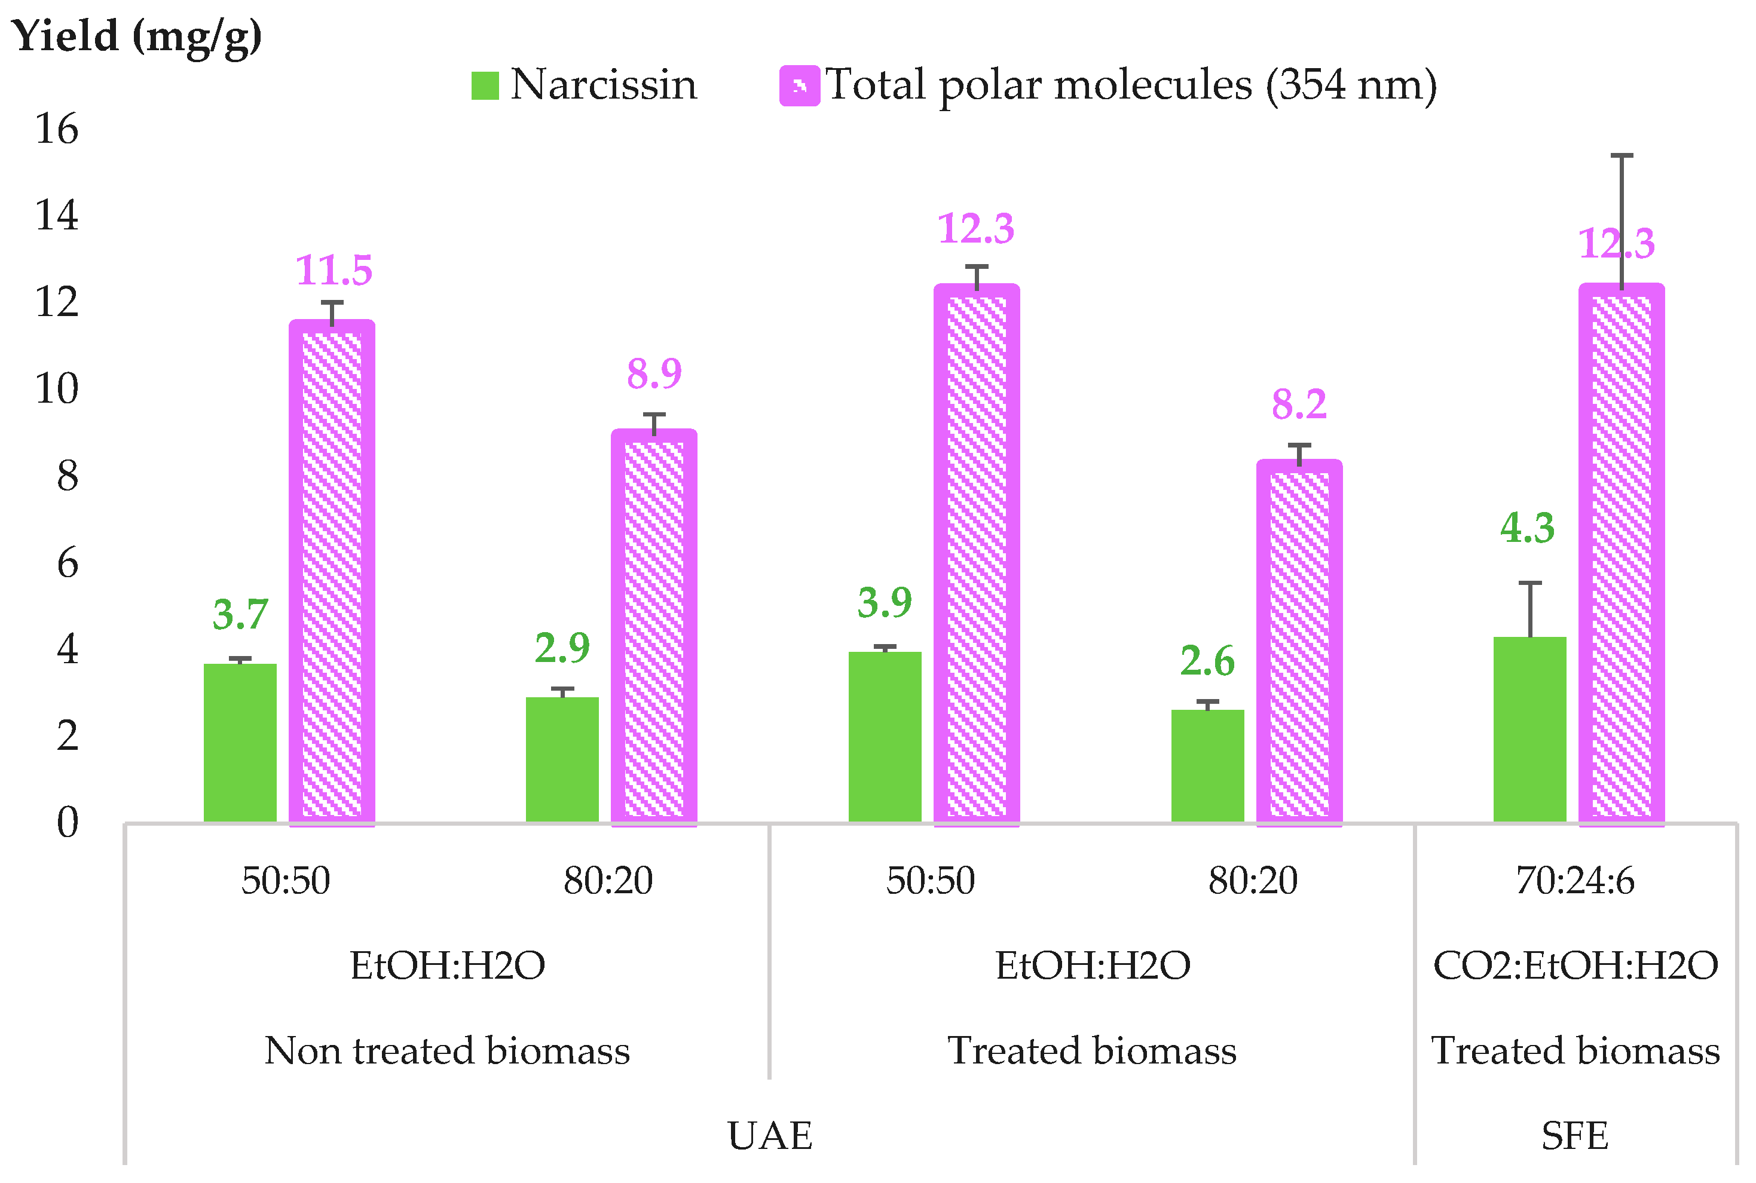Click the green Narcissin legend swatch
[485, 85]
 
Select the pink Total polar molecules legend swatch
[799, 85]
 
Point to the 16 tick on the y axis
[57, 129]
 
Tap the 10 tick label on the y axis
[57, 390]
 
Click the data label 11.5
[334, 270]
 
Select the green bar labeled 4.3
[1529, 729]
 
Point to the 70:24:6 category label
[1575, 881]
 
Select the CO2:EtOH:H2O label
[1575, 966]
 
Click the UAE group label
[770, 1135]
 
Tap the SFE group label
[1575, 1135]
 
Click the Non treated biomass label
[446, 1051]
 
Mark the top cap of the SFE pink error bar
[1622, 156]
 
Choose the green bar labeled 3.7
[240, 743]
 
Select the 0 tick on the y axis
[67, 822]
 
